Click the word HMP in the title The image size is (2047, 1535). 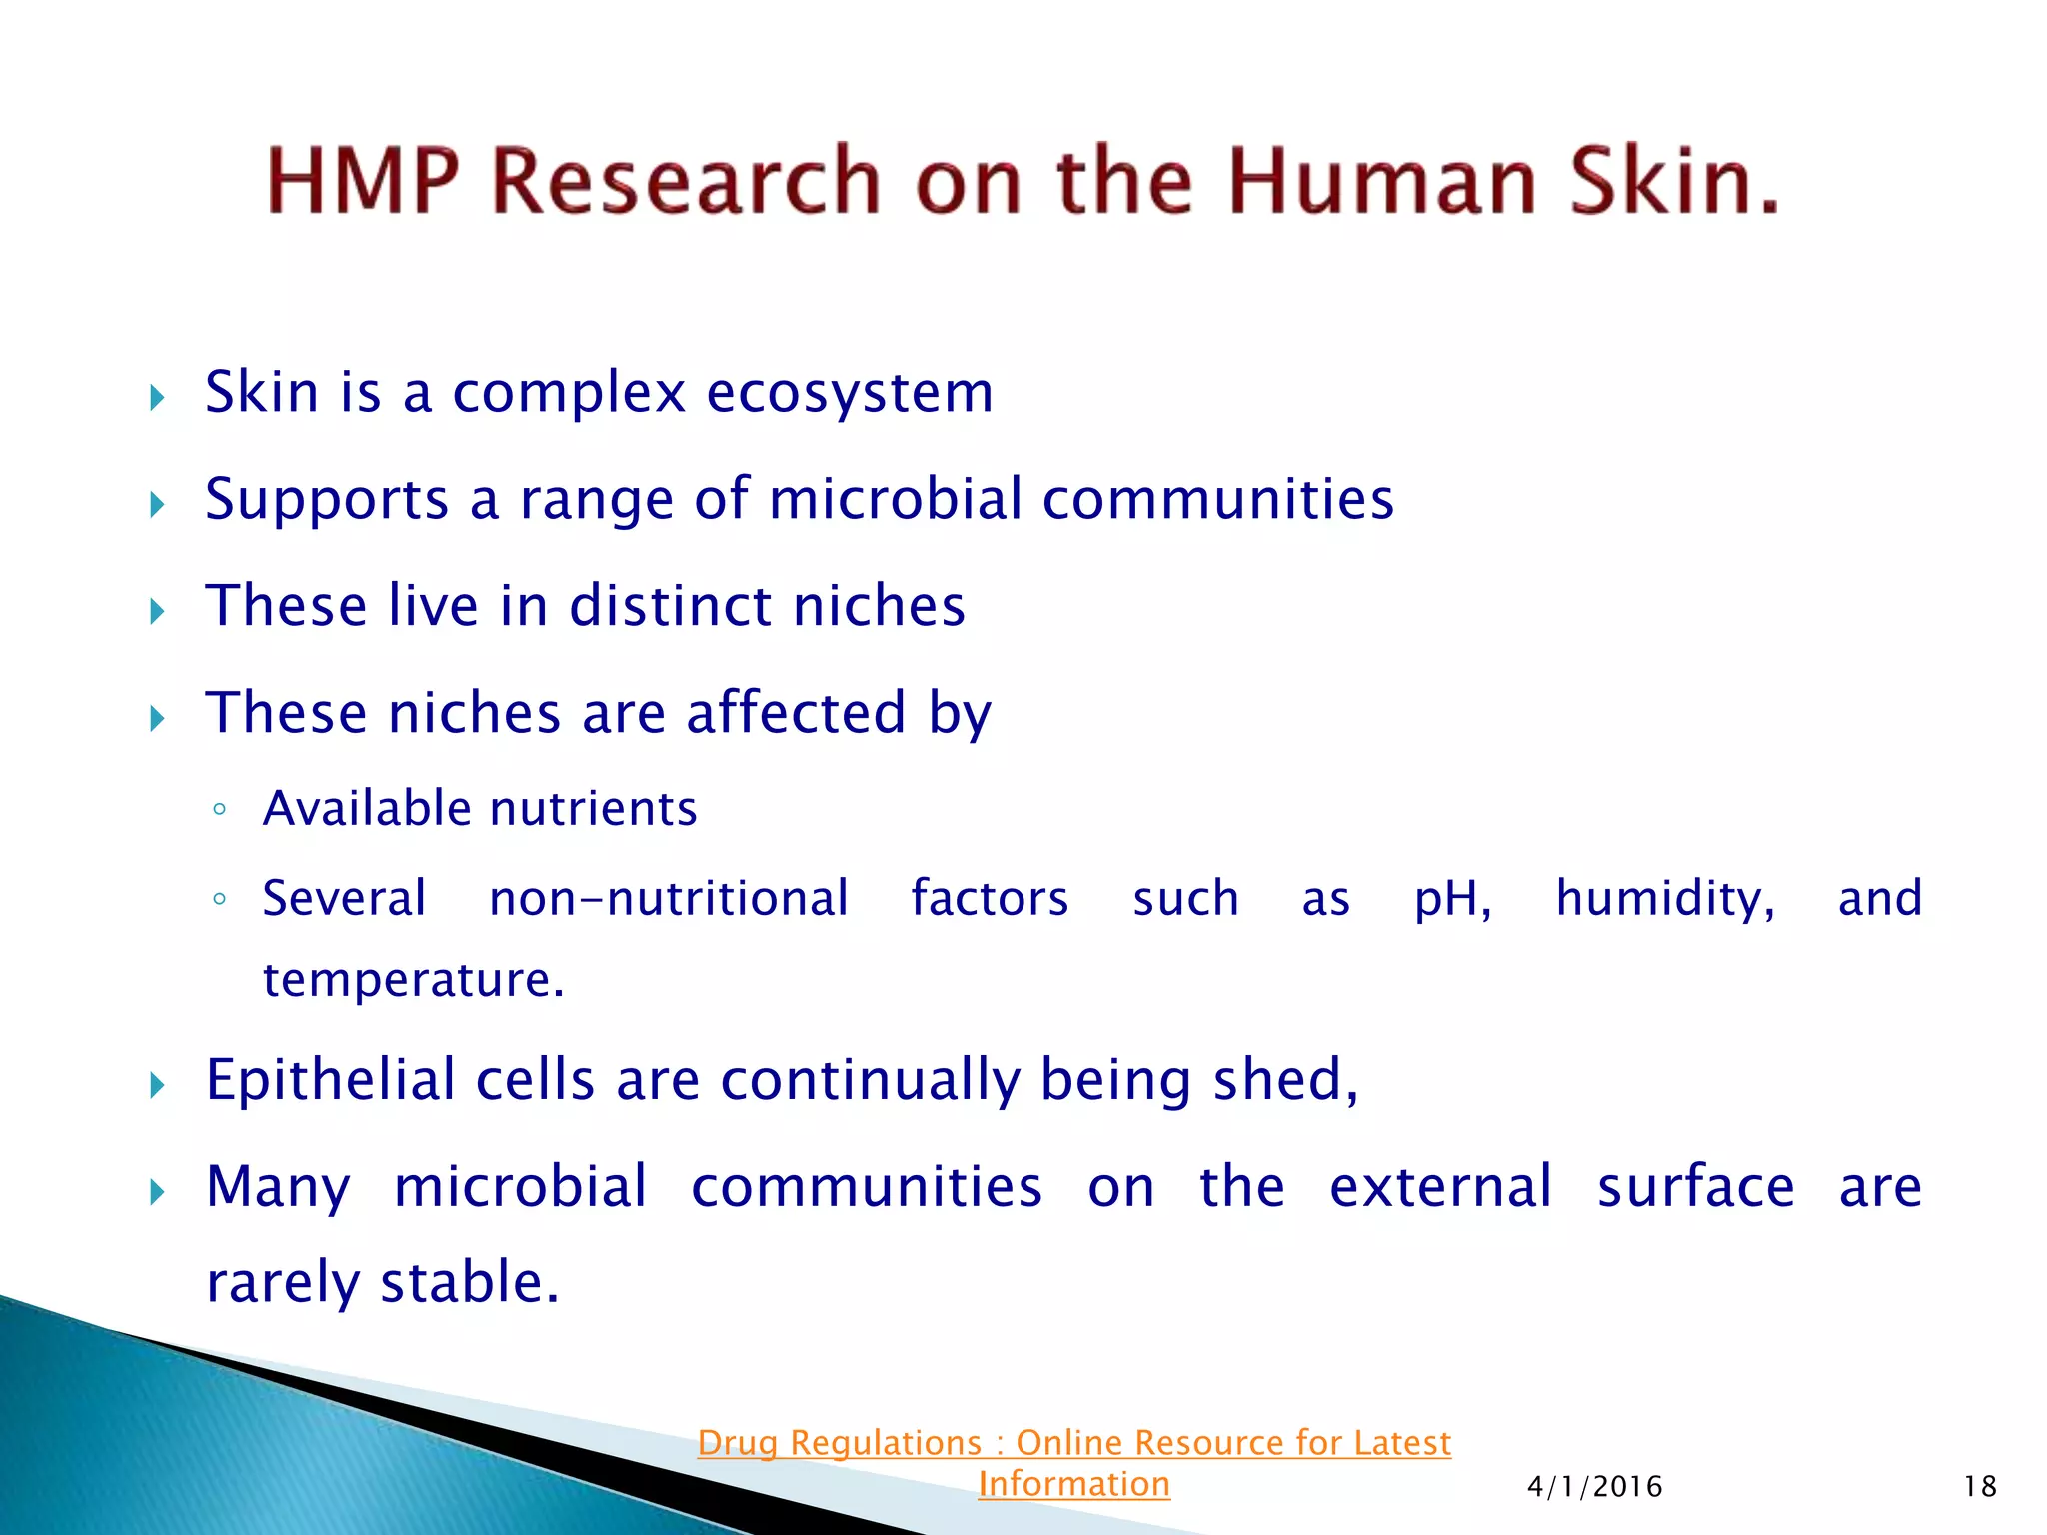(x=363, y=181)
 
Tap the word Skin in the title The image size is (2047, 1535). (x=1674, y=181)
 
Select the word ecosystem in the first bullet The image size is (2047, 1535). (x=850, y=392)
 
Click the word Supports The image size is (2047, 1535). (x=327, y=499)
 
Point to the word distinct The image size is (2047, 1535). (x=669, y=606)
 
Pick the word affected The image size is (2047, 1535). (x=796, y=713)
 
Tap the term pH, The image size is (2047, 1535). (x=1452, y=899)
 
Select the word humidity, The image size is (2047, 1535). (x=1665, y=898)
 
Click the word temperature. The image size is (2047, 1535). (x=413, y=980)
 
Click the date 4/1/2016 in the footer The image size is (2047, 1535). (x=1594, y=1487)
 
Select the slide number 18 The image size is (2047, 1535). (x=1979, y=1487)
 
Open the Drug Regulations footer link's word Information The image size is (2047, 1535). (x=1073, y=1485)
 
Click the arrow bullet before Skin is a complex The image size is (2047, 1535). (x=157, y=398)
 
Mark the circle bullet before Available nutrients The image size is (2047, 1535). (x=219, y=810)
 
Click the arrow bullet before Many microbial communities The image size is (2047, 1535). (x=157, y=1192)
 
